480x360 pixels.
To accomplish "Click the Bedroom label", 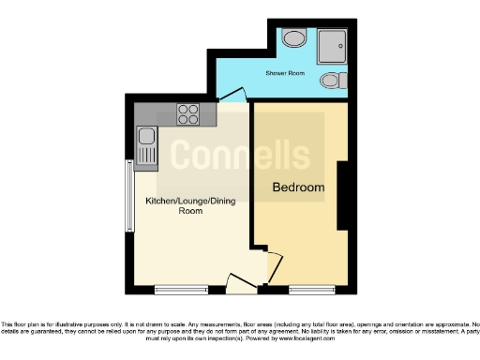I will [x=298, y=187].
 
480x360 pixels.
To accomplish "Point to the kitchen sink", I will [x=146, y=145].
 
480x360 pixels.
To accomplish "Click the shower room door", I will [x=232, y=94].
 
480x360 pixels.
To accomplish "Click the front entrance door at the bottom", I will [x=237, y=280].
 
